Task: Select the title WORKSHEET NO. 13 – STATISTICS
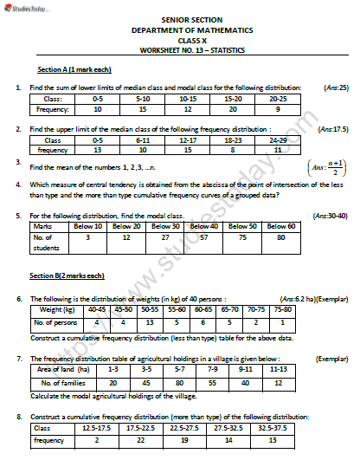pyautogui.click(x=180, y=50)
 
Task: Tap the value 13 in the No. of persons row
pyautogui.click(x=152, y=322)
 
